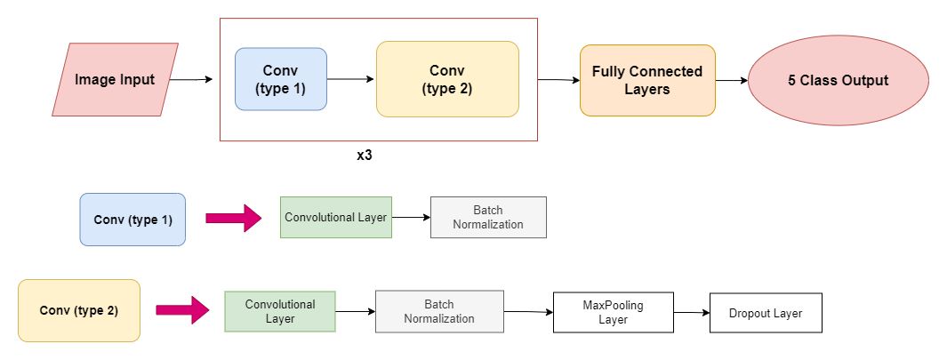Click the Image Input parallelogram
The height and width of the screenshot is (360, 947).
(x=115, y=80)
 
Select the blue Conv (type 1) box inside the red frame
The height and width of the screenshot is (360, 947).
(x=281, y=79)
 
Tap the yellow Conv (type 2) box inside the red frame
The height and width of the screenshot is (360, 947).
(x=446, y=79)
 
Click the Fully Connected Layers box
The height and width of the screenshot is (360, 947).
(x=647, y=81)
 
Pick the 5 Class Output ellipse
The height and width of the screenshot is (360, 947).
(x=838, y=80)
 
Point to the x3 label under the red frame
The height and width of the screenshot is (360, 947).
(x=364, y=155)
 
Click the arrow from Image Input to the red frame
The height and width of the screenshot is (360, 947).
(x=190, y=80)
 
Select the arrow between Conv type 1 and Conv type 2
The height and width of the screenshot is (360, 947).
(x=350, y=79)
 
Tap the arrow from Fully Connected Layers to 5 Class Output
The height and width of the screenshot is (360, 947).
(x=731, y=81)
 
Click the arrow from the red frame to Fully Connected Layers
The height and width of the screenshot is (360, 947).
(x=558, y=80)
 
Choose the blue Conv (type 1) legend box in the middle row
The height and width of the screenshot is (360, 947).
(x=132, y=219)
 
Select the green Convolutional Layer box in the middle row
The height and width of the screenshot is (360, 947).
(x=335, y=217)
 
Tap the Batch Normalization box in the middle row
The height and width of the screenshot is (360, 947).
(x=488, y=217)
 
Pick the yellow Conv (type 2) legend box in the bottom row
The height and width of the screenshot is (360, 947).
(x=79, y=310)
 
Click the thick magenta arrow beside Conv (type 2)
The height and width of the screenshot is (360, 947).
(x=182, y=310)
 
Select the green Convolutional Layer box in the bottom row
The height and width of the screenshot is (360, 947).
(x=279, y=311)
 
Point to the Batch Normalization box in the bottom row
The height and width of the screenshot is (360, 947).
(x=439, y=311)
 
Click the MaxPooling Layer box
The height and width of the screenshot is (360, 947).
(x=613, y=312)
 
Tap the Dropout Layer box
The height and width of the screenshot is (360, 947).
(x=766, y=313)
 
